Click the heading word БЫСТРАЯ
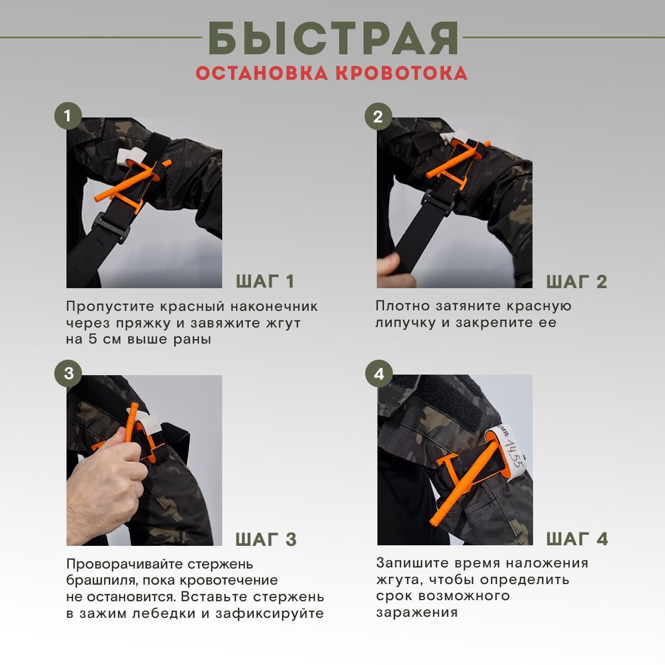pyautogui.click(x=334, y=38)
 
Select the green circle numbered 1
pyautogui.click(x=68, y=116)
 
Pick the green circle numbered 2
pyautogui.click(x=378, y=116)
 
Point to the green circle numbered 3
pyautogui.click(x=68, y=374)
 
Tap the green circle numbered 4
pyautogui.click(x=379, y=374)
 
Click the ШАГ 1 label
pyautogui.click(x=265, y=282)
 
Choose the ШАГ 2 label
pyautogui.click(x=577, y=282)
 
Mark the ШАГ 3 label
pyautogui.click(x=266, y=539)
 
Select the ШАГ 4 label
pyautogui.click(x=577, y=539)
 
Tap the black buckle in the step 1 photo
pyautogui.click(x=111, y=227)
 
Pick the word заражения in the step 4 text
pyautogui.click(x=417, y=613)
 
